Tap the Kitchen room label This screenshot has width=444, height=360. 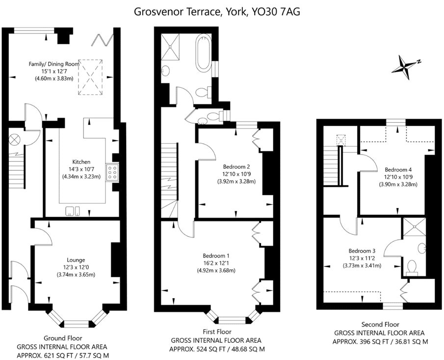click(81, 162)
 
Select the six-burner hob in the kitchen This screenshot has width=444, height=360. click(112, 172)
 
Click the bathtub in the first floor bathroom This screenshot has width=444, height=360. click(204, 52)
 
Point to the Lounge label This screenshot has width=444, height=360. click(76, 260)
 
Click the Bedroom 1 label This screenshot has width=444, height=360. click(216, 256)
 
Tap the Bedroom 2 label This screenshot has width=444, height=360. click(236, 166)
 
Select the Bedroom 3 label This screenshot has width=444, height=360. click(362, 251)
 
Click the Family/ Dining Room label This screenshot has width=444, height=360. click(50, 64)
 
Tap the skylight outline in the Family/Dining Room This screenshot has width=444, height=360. click(90, 77)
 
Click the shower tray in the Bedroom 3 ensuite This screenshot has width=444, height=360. click(415, 227)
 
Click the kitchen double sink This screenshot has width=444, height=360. click(73, 211)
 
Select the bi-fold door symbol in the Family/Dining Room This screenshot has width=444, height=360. click(102, 40)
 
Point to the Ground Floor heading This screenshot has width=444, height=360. click(63, 338)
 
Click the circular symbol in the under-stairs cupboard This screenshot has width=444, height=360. click(14, 139)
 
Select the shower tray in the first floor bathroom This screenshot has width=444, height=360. click(170, 47)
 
